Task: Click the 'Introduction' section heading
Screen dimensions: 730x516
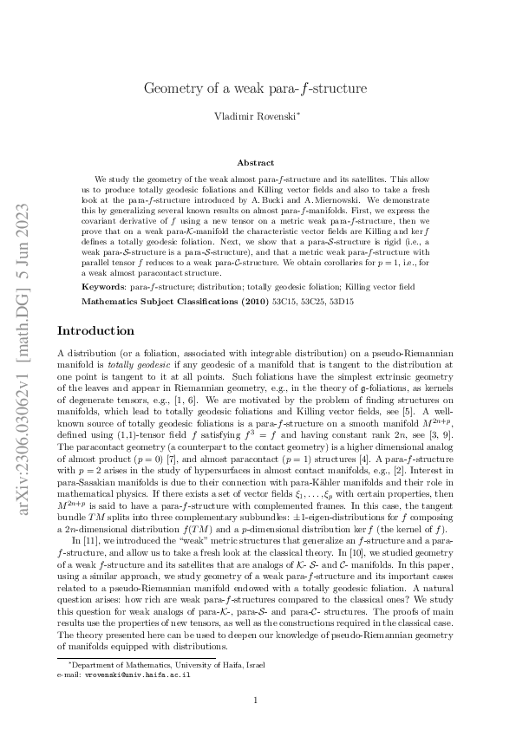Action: click(x=95, y=330)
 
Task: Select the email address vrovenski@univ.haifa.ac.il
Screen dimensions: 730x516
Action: click(x=135, y=673)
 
